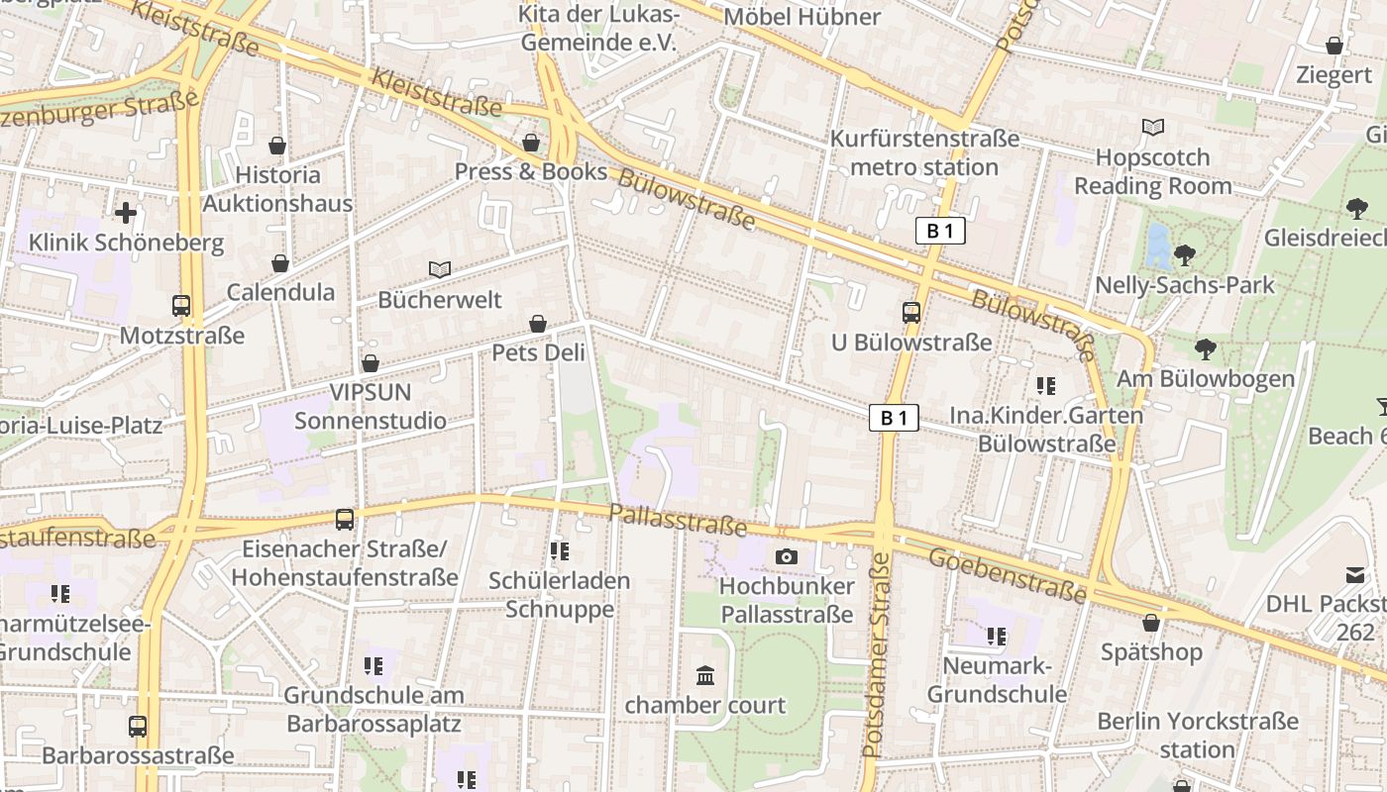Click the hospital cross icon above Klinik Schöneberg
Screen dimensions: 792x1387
[x=126, y=212]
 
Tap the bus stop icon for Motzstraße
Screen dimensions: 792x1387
[x=180, y=306]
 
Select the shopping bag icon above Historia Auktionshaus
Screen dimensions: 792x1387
[x=277, y=146]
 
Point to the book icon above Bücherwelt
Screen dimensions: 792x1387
[x=440, y=269]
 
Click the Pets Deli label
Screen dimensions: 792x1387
[x=538, y=352]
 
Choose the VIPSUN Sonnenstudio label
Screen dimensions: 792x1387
[x=371, y=406]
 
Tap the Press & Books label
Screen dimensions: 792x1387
[x=530, y=171]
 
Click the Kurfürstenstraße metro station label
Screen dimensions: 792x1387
[x=924, y=152]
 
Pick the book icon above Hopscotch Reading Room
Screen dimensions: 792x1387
[x=1153, y=127]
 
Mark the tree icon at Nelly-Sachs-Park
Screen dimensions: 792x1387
[x=1184, y=255]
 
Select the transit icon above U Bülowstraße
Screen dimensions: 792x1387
[x=911, y=313]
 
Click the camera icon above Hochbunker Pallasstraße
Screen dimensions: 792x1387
[x=787, y=556]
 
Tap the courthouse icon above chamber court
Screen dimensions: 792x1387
[x=705, y=675]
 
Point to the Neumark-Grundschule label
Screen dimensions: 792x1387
[x=997, y=679]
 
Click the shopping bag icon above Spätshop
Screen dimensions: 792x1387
[x=1151, y=623]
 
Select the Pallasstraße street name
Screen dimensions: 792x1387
[x=677, y=519]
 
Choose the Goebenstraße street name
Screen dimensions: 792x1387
[x=1007, y=575]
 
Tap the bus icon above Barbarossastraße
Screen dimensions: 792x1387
[x=138, y=726]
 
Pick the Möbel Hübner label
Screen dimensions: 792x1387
[x=801, y=17]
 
